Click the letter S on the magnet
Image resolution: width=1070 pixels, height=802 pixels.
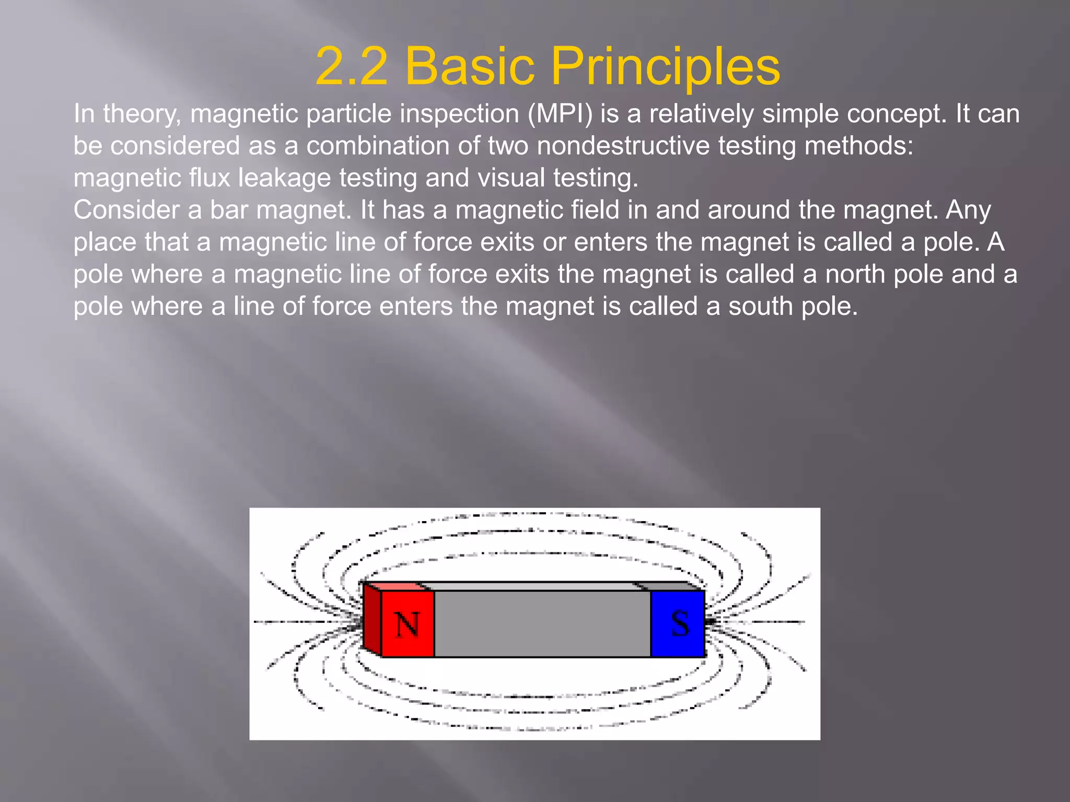[x=679, y=623]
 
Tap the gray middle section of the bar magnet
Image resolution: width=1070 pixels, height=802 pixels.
[x=542, y=623]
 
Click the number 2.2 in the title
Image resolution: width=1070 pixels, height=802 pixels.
[x=352, y=66]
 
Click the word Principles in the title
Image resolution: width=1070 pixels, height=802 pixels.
[x=665, y=66]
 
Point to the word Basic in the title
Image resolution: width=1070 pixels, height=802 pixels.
[x=469, y=66]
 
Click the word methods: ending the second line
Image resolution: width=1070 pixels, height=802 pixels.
[x=859, y=146]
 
